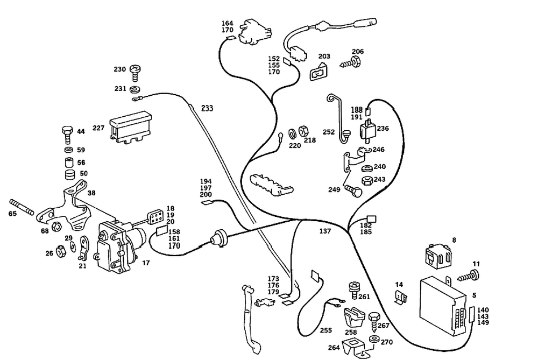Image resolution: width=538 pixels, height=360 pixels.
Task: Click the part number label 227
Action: pyautogui.click(x=98, y=128)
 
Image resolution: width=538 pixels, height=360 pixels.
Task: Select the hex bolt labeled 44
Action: pyautogui.click(x=67, y=135)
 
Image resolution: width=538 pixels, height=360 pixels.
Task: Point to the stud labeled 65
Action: pyautogui.click(x=22, y=207)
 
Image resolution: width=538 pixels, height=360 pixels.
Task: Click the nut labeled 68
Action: pyautogui.click(x=56, y=226)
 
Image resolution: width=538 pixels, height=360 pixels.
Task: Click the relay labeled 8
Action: pyautogui.click(x=438, y=255)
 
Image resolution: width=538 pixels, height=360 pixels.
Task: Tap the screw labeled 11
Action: pyautogui.click(x=468, y=276)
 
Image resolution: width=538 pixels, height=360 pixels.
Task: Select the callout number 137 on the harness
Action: pyautogui.click(x=325, y=231)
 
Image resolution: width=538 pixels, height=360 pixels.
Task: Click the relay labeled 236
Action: pyautogui.click(x=367, y=130)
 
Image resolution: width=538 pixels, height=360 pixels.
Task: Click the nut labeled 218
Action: pyautogui.click(x=303, y=131)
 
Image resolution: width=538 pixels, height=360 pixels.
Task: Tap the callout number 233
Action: pyautogui.click(x=207, y=109)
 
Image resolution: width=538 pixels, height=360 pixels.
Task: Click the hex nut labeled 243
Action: pyautogui.click(x=367, y=180)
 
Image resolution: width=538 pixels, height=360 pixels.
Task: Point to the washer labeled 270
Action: pyautogui.click(x=374, y=339)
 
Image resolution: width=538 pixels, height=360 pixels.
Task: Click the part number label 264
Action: pyautogui.click(x=334, y=348)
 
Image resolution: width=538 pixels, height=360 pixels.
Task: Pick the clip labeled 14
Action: pyautogui.click(x=401, y=297)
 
